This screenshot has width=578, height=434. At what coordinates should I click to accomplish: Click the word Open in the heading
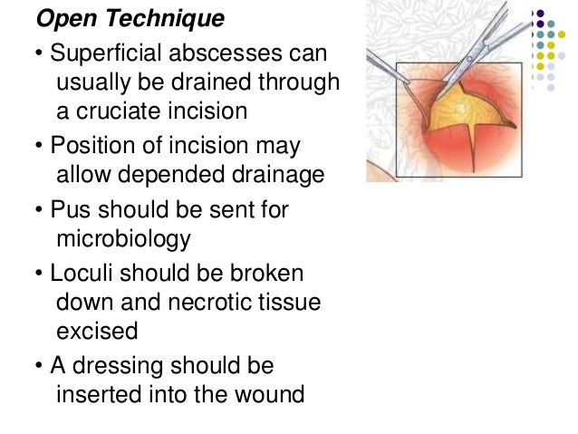tap(67, 19)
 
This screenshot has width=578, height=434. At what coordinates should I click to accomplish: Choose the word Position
tap(97, 145)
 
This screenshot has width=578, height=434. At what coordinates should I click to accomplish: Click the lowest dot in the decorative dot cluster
tap(550, 88)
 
